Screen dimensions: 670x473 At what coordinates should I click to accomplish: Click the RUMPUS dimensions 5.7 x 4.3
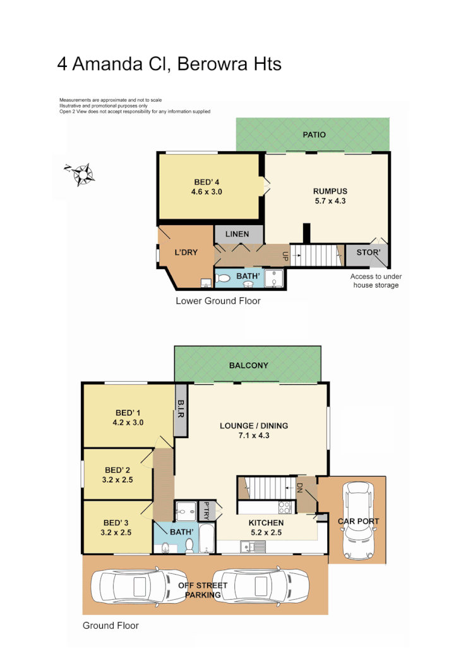(x=330, y=201)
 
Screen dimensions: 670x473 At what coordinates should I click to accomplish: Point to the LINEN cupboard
(x=237, y=234)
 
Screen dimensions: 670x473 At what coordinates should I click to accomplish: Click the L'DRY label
(x=186, y=252)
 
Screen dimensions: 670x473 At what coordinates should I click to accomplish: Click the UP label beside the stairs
(x=285, y=256)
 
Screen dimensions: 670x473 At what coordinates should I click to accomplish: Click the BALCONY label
(x=248, y=365)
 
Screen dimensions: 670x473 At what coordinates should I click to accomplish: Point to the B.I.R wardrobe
(x=181, y=410)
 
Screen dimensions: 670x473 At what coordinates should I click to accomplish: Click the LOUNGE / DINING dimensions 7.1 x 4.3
(x=254, y=435)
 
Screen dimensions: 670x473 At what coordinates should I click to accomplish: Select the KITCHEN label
(x=266, y=523)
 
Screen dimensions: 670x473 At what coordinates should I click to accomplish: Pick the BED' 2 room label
(x=117, y=470)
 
